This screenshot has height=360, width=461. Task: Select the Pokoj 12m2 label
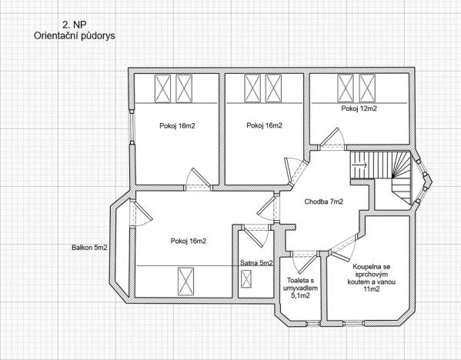359,108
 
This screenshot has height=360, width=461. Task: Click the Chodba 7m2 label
323,202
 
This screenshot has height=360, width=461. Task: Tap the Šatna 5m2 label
256,263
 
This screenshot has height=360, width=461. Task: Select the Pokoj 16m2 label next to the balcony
188,241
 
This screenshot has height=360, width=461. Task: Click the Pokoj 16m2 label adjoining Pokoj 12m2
264,125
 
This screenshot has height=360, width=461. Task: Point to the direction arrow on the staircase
358,163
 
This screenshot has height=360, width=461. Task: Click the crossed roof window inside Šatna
247,283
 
